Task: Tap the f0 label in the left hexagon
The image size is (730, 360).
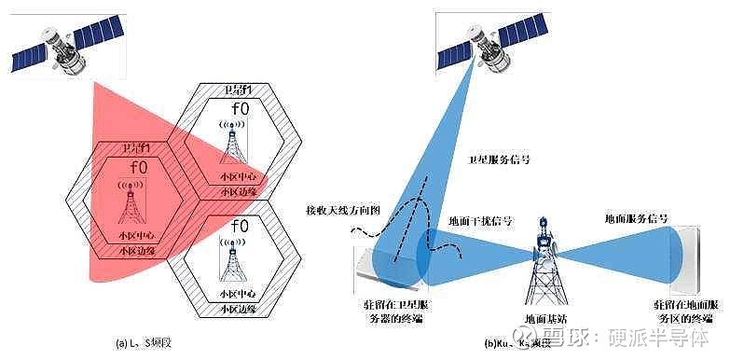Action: (x=138, y=169)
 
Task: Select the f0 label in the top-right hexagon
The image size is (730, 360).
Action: (x=238, y=109)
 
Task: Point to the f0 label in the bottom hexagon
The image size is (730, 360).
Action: (x=238, y=226)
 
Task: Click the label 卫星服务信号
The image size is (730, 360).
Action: (x=497, y=159)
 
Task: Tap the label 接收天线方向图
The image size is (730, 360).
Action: (x=337, y=210)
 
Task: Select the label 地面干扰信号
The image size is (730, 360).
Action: (x=480, y=222)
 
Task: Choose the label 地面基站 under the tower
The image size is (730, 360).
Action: (x=546, y=318)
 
